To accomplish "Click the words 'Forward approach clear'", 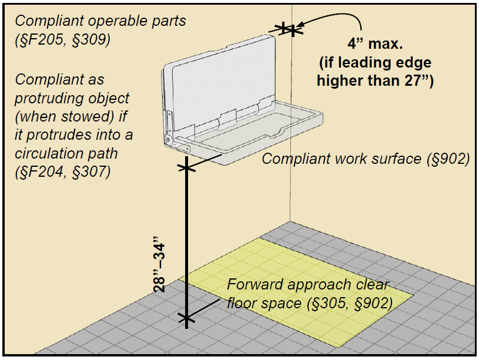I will pyautogui.click(x=308, y=285).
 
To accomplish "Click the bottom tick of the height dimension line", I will pyautogui.click(x=186, y=319).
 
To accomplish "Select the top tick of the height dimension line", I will pyautogui.click(x=186, y=169).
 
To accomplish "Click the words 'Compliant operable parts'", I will pyautogui.click(x=101, y=21).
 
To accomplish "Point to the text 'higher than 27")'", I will pyautogui.click(x=375, y=81).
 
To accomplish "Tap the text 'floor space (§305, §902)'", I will pyautogui.click(x=310, y=304).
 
